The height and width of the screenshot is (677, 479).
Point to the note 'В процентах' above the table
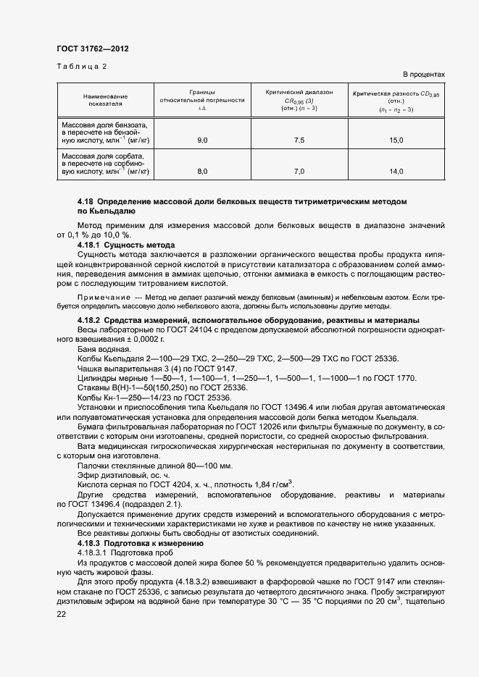point(423,75)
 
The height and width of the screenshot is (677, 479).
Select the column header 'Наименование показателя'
point(105,100)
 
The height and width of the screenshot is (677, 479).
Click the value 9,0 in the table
point(202,140)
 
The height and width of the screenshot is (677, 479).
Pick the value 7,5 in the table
point(299,140)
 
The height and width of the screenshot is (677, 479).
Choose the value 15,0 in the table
point(396,140)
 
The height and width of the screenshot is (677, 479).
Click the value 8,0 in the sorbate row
point(202,172)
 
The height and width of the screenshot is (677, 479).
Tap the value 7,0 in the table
point(299,172)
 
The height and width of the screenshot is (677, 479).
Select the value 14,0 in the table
point(396,172)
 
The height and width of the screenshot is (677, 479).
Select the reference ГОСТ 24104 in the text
point(184,330)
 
